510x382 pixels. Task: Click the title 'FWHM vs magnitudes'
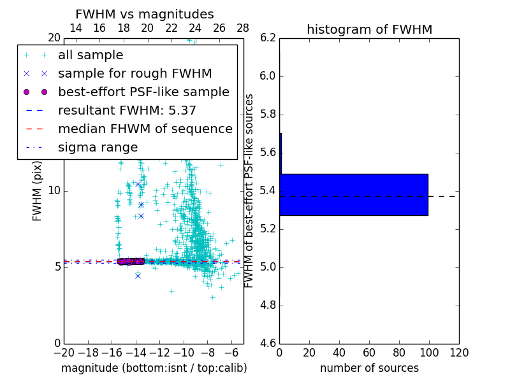tap(145, 14)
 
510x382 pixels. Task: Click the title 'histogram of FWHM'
tap(369, 29)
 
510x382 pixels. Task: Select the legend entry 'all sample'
tap(91, 55)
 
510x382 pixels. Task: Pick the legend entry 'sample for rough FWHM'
tap(135, 74)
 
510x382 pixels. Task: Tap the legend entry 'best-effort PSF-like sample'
tap(143, 92)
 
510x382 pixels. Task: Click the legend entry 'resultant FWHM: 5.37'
tap(127, 111)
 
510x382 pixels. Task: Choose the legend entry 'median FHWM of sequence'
tap(145, 129)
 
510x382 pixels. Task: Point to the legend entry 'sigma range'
tap(98, 148)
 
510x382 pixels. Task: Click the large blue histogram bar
tap(354, 194)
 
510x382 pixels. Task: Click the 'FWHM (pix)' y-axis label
tap(38, 191)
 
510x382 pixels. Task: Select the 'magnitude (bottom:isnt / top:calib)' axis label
tap(154, 368)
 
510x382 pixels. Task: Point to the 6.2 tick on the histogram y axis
tap(268, 38)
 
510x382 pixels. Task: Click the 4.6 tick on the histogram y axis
tap(268, 343)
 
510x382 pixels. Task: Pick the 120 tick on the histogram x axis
tap(459, 353)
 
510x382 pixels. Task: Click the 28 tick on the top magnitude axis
tap(243, 28)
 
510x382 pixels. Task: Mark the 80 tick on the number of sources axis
tap(399, 353)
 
